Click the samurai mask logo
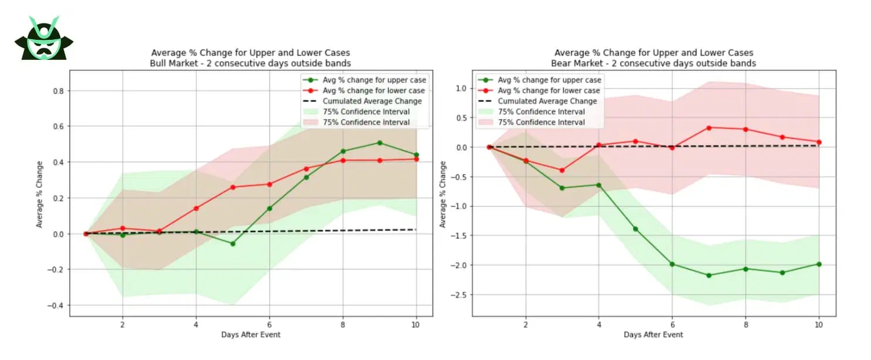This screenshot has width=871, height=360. pos(44,39)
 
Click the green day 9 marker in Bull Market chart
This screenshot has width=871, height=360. pos(380,142)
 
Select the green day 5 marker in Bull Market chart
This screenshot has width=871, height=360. pos(233,243)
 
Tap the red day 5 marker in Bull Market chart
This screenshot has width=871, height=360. pos(233,187)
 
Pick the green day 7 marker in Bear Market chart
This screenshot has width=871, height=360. pos(709,275)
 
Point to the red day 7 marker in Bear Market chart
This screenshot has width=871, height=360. pos(709,127)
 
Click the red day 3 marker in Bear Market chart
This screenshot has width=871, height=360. pos(562,170)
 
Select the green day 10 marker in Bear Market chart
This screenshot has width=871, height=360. pos(818,264)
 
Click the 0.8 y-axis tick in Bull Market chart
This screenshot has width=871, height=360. pos(57,91)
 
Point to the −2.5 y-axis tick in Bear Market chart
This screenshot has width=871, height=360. pos(457,294)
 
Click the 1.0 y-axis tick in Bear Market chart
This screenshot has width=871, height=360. pos(460,88)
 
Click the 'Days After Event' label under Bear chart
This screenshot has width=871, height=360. pos(654,335)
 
